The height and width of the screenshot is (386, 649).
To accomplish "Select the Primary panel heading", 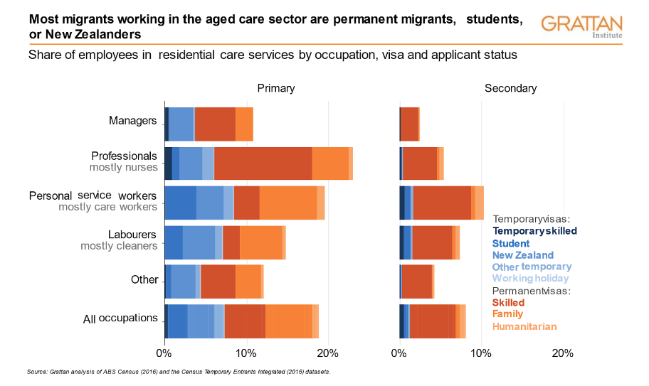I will click(x=275, y=89).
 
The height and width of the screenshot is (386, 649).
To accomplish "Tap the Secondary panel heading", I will click(x=510, y=89).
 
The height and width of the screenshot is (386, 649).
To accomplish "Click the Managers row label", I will click(x=132, y=120).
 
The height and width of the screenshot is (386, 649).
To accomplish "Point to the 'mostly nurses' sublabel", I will click(x=123, y=168).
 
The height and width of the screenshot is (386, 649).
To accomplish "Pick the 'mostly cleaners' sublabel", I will click(x=119, y=246).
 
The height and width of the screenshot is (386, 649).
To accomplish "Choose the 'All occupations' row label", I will click(x=120, y=318).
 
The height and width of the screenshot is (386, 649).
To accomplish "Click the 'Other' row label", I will click(x=144, y=279).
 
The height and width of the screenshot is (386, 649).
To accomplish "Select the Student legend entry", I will click(x=510, y=243).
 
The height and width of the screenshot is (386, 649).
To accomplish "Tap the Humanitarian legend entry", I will click(x=524, y=326).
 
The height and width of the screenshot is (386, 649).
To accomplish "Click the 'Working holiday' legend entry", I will click(x=530, y=278).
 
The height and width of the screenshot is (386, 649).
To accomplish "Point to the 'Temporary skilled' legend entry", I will click(x=534, y=231).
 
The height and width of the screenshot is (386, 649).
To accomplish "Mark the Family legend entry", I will click(x=507, y=314).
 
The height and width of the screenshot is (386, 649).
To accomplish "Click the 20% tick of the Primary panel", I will click(x=327, y=353).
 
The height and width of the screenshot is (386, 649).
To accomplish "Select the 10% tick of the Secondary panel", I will click(x=481, y=353).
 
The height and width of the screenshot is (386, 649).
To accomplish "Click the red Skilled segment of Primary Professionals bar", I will click(x=263, y=163).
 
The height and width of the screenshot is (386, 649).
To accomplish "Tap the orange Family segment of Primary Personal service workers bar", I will click(x=287, y=201).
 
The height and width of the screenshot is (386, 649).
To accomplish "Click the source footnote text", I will click(x=178, y=372).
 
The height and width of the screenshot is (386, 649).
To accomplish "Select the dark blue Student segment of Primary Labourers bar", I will click(x=174, y=242).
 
